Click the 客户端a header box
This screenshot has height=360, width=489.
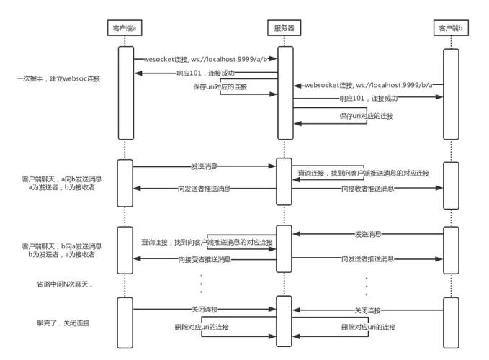click(x=124, y=28)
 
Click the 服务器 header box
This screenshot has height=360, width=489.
click(x=284, y=28)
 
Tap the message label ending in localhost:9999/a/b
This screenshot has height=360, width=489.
click(x=205, y=58)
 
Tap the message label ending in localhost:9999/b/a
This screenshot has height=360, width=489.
click(x=368, y=84)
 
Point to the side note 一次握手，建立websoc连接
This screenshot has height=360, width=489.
click(x=58, y=78)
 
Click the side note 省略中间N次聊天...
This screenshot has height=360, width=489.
click(x=64, y=284)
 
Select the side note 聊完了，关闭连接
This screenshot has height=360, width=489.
click(x=63, y=323)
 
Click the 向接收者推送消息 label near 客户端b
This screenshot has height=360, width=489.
click(x=367, y=188)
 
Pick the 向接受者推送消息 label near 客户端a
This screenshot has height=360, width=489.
click(x=205, y=258)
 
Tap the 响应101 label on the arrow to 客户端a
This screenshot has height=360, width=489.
click(x=206, y=73)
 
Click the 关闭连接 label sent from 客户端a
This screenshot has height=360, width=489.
click(x=205, y=310)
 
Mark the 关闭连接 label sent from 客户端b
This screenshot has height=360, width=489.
click(x=368, y=310)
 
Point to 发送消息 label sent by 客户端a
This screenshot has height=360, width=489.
click(x=205, y=166)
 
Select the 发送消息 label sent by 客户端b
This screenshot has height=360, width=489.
click(x=368, y=234)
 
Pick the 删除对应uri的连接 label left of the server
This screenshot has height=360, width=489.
click(x=205, y=327)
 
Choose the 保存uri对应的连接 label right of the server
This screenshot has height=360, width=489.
click(x=367, y=115)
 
